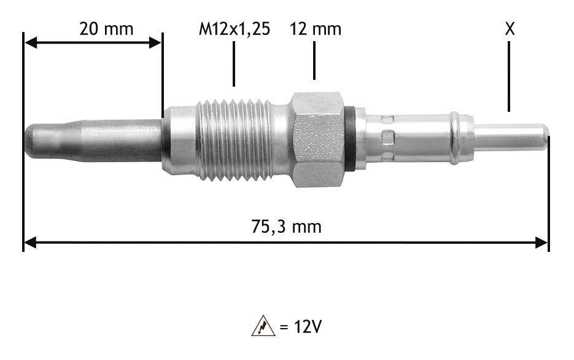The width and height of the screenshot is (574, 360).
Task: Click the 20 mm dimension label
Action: tap(106, 28)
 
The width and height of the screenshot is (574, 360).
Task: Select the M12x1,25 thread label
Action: tap(235, 29)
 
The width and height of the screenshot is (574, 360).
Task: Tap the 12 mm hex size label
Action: tap(316, 28)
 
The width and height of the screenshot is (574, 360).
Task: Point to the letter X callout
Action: tap(510, 28)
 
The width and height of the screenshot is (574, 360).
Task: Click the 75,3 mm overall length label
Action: tap(286, 227)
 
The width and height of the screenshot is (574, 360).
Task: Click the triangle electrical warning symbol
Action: tap(263, 326)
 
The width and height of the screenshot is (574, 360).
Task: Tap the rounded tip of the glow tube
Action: tap(31, 141)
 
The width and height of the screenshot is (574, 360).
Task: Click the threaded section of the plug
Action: tap(235, 140)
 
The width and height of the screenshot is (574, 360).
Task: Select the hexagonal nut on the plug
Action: tap(318, 139)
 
